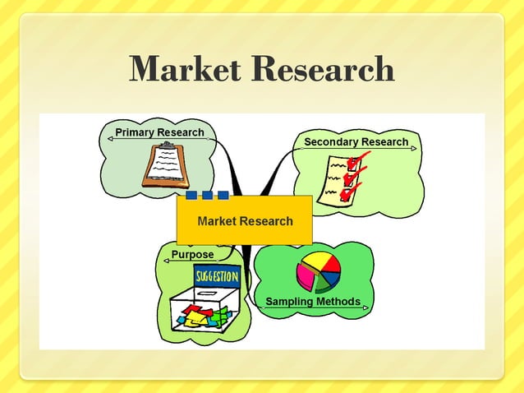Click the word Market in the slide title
[x=186, y=69]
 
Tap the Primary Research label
[x=159, y=132]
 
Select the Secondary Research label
[x=356, y=142]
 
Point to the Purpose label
[x=192, y=255]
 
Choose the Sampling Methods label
[x=312, y=302]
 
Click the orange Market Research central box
[x=245, y=220]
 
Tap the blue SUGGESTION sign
[x=216, y=275]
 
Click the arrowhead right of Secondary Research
[x=414, y=149]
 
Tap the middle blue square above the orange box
[x=207, y=196]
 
